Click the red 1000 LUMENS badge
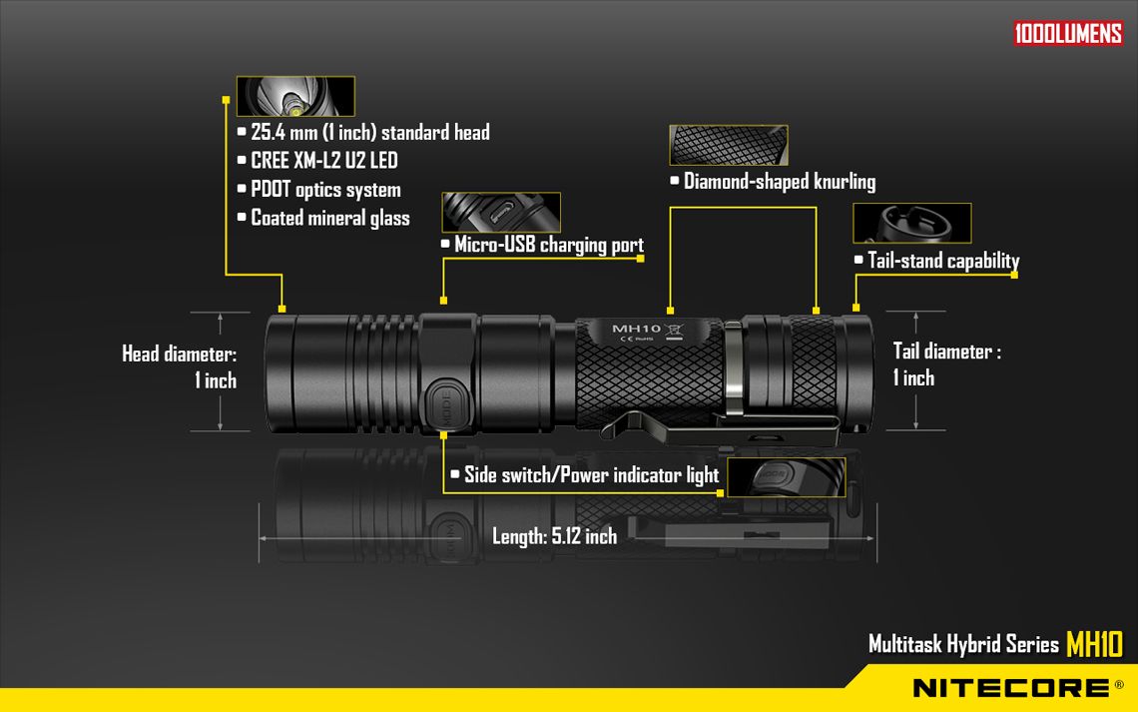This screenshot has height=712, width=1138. pos(1068,33)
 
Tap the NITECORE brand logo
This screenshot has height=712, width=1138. pos(1011,688)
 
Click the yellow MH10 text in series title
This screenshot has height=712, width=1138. pos(1094,644)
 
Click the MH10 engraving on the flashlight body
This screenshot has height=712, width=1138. pos(636,329)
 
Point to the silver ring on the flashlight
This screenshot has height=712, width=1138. pos(733,367)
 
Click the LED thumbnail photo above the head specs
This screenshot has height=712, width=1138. pos(295,96)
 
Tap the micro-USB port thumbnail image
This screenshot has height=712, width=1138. pos(501,212)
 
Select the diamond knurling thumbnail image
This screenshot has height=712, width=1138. pos(729,145)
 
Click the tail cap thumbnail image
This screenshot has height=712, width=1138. pos(912,223)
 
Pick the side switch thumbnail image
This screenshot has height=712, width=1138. pos(787,477)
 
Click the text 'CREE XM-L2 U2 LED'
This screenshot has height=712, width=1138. pos(323,161)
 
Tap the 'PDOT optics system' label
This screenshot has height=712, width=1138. pos(325,190)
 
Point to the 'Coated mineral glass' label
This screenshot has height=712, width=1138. pos(330,218)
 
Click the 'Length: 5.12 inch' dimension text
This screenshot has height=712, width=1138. pos(554,536)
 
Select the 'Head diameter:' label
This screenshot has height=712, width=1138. pos(180,355)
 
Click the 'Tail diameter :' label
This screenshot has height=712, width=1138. pos(947,352)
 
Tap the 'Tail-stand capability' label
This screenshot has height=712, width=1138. pos(943,261)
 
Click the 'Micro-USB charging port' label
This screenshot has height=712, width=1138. pos(549,245)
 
